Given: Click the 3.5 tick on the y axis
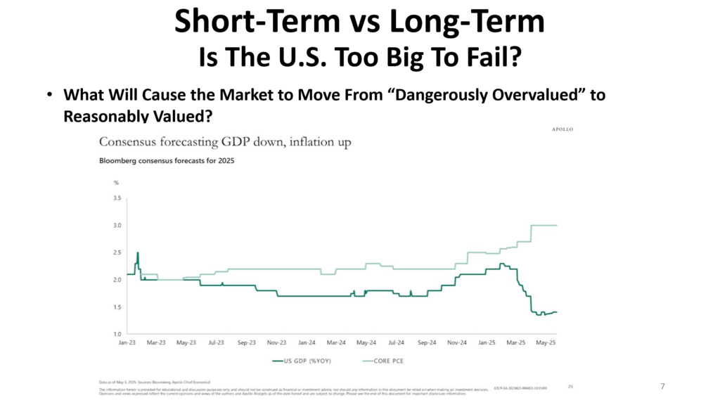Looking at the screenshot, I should [117, 198].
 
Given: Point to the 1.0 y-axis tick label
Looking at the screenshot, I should [117, 334].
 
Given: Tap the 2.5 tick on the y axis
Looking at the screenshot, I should [117, 252].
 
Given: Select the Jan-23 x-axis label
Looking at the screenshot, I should [127, 343].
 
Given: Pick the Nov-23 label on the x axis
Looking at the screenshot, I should [277, 343].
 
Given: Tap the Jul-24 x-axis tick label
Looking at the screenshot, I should [397, 343].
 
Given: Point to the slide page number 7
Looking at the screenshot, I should [662, 386].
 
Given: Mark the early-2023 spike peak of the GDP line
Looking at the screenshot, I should [138, 252].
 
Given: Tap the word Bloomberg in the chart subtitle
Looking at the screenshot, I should [120, 160].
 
